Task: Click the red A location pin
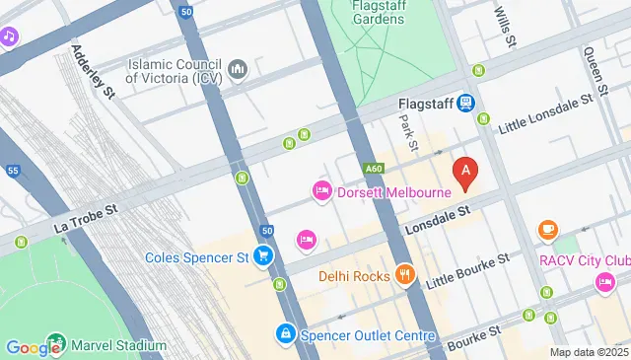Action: point(465,172)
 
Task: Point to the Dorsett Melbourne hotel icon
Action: point(321,191)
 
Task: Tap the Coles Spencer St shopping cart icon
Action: point(262,257)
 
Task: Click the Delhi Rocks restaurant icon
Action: point(403,275)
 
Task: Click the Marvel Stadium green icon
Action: point(56,345)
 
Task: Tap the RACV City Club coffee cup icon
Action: point(548,231)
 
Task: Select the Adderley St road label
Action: point(95,70)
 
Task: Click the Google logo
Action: point(34,347)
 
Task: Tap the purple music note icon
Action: point(10,36)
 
